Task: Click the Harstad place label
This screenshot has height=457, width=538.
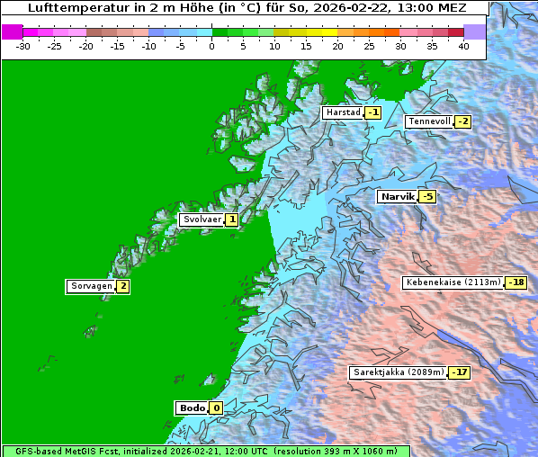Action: pos(343,112)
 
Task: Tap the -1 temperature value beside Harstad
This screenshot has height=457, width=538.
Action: pos(372,112)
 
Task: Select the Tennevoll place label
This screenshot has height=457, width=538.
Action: pos(428,121)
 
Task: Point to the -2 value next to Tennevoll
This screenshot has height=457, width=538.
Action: pos(462,121)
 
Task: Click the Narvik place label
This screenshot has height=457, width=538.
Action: pos(397,196)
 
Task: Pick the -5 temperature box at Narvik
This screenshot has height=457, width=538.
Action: pos(427,197)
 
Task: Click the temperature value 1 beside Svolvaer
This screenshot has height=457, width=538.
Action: pos(232,220)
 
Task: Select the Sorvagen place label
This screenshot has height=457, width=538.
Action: pos(91,286)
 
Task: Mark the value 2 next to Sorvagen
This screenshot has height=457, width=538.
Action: pos(123,286)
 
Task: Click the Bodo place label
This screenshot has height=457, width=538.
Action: pos(192,408)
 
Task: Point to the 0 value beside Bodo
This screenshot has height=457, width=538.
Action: pos(216,408)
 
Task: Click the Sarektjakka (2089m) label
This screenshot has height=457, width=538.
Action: pos(398,372)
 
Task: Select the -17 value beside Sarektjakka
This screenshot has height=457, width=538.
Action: pos(460,372)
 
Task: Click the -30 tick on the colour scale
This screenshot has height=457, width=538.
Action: pos(23,45)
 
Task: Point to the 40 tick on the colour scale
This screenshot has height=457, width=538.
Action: pos(463,45)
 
